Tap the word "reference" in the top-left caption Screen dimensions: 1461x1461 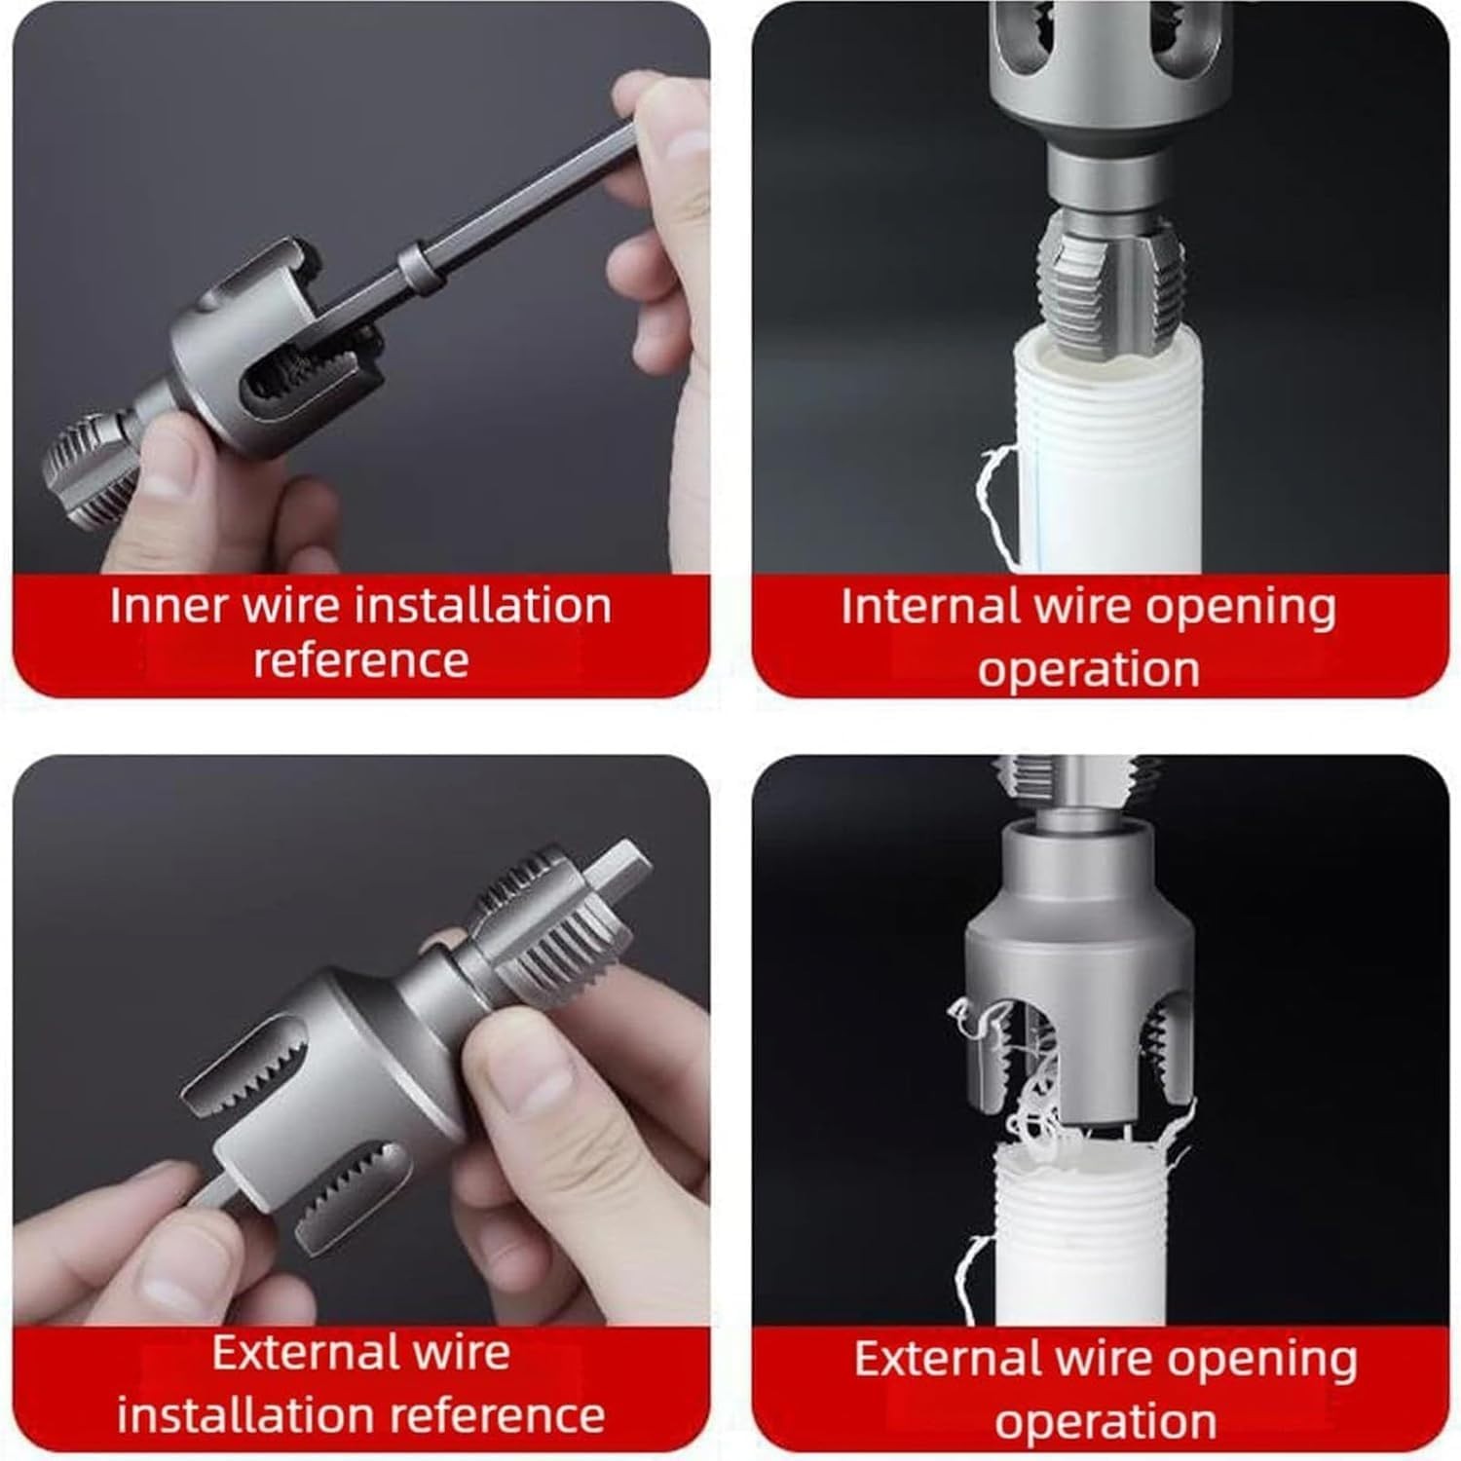pos(361,660)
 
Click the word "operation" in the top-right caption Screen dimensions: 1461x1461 pos(1088,670)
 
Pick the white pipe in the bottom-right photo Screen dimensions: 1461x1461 pos(1081,1237)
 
